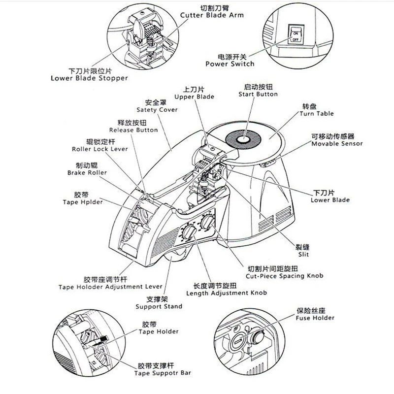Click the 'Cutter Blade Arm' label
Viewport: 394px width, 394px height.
click(212, 15)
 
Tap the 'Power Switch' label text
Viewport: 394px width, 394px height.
click(230, 64)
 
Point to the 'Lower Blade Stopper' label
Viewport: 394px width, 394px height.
click(89, 78)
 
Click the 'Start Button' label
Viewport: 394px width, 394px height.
click(258, 94)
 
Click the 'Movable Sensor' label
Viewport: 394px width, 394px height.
click(336, 144)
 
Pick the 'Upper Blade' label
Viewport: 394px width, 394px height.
click(195, 97)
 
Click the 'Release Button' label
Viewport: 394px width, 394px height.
click(133, 130)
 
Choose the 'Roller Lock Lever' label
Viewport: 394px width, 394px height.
click(100, 149)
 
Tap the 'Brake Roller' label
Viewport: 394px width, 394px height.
click(87, 173)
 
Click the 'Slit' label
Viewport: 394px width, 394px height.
click(304, 254)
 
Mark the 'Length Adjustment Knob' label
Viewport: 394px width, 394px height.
click(227, 293)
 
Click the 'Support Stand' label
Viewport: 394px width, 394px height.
click(159, 306)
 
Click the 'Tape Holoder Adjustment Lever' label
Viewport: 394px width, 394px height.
click(110, 286)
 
